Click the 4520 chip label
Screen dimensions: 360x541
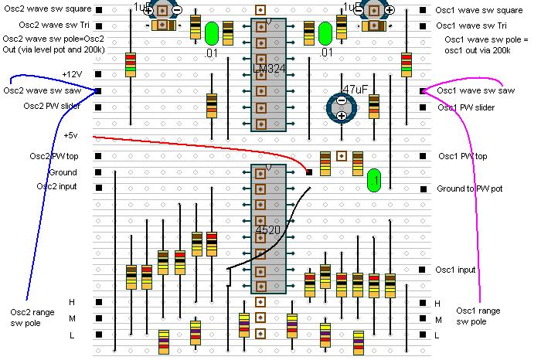tap(267, 230)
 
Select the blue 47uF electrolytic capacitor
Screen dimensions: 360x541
tap(340, 107)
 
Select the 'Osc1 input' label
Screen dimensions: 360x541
tap(455, 270)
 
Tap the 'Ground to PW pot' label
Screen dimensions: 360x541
tap(472, 188)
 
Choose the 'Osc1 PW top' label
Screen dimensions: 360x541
tap(463, 157)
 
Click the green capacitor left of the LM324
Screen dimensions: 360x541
tap(211, 32)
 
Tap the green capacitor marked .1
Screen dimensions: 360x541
tap(374, 178)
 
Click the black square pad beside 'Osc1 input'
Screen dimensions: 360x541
tap(424, 270)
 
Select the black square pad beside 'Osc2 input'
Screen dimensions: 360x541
tap(98, 188)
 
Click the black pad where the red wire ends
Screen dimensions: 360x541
tap(309, 172)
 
